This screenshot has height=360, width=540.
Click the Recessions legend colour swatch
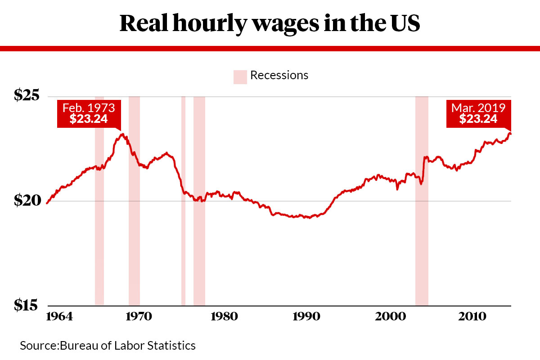coord(240,76)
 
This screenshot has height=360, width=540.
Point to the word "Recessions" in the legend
coord(279,75)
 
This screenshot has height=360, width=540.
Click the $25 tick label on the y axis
coord(27,95)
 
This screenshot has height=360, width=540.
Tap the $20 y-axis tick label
coord(27,200)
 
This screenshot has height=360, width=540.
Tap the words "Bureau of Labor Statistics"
coord(128,346)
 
